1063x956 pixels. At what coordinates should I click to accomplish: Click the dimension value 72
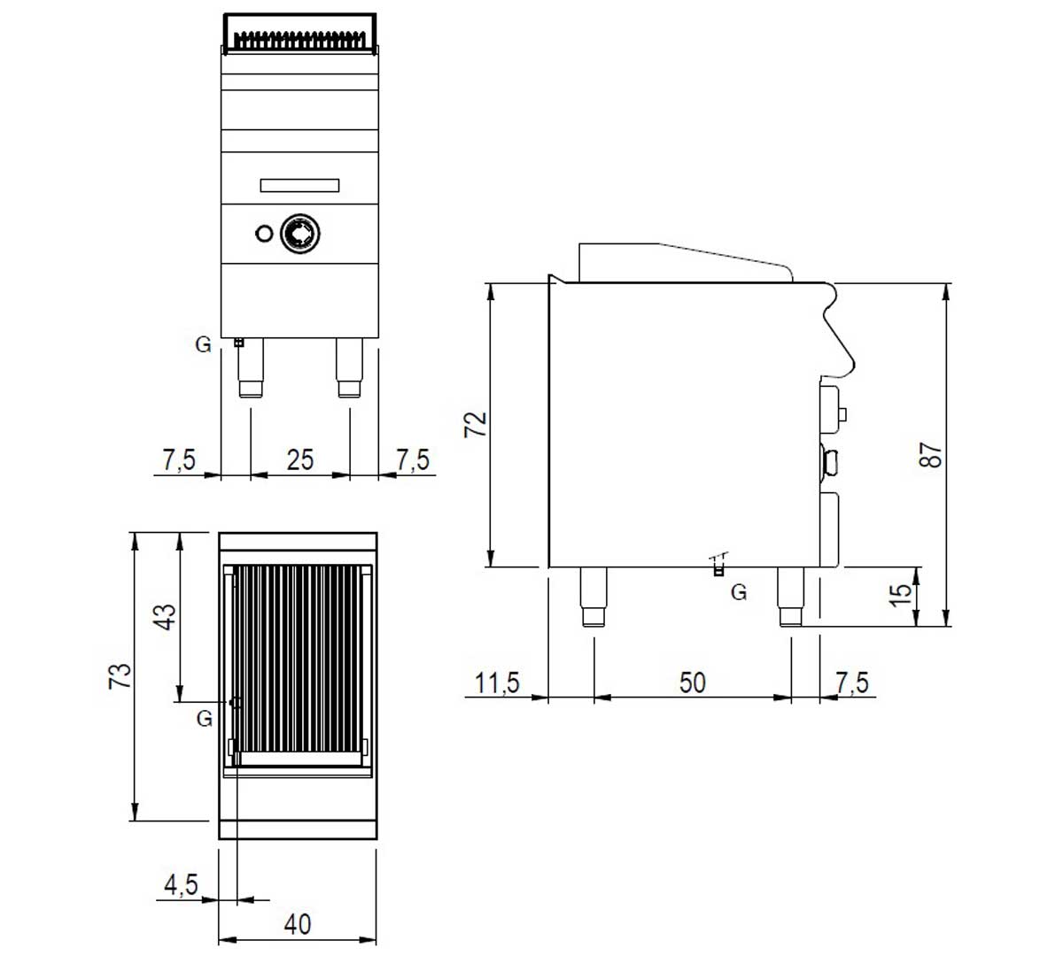click(475, 424)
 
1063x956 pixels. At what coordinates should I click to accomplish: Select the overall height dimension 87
click(930, 454)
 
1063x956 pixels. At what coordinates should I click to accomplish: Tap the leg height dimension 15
click(900, 596)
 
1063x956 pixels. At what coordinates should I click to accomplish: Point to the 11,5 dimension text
click(497, 682)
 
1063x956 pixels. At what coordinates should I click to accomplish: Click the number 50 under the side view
click(692, 682)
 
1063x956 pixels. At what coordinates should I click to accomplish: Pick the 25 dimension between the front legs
click(300, 459)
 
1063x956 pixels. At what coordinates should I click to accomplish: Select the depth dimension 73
click(120, 675)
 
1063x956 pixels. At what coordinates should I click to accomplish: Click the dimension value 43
click(164, 617)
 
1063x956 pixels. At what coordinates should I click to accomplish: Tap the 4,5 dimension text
click(181, 884)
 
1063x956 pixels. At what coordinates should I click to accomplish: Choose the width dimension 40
click(298, 925)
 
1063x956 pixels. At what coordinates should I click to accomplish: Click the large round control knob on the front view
click(300, 233)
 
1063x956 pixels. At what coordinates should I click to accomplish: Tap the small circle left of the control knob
click(264, 233)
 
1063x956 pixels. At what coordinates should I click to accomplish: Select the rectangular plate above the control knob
click(299, 185)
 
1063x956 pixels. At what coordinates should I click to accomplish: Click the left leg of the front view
click(250, 367)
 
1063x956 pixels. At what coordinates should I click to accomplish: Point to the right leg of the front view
click(350, 367)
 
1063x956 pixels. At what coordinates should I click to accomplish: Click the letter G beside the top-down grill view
click(204, 719)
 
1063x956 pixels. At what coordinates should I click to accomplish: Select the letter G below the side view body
click(739, 591)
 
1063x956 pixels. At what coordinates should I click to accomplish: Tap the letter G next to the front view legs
click(203, 345)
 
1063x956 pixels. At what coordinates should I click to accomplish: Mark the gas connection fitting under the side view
click(718, 565)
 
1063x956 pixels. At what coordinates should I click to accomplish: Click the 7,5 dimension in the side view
click(852, 682)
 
